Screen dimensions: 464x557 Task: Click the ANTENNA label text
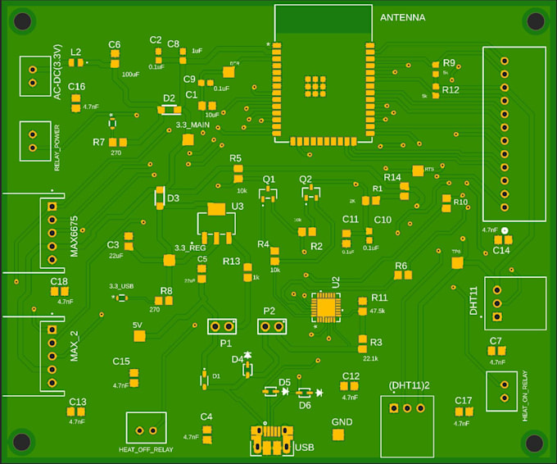[403, 17]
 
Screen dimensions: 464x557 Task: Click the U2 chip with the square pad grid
[326, 307]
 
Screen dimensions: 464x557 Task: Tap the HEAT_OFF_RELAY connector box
[146, 428]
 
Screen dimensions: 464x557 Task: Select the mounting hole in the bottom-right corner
[534, 443]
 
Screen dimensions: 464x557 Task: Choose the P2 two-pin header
[272, 326]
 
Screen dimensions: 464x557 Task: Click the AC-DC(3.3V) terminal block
[33, 75]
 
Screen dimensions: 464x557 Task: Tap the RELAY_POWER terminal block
[33, 140]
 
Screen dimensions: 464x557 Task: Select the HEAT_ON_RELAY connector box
[501, 391]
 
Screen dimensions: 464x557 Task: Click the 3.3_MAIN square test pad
[188, 140]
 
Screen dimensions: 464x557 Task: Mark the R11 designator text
[378, 298]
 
